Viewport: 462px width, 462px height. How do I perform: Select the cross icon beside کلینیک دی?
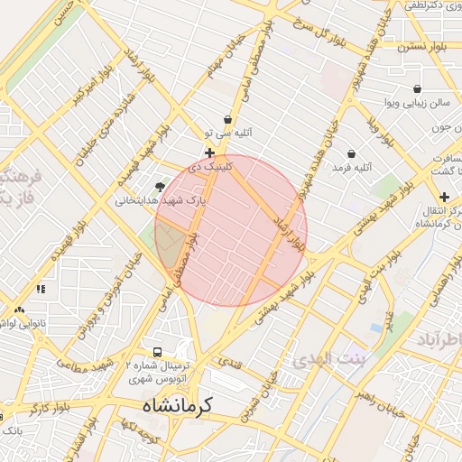pos(209,153)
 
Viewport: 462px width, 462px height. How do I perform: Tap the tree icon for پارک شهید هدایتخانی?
pos(160,187)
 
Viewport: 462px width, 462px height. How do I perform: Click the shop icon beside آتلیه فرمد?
pos(351,153)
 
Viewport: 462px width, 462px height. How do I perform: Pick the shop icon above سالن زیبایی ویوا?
pos(417,88)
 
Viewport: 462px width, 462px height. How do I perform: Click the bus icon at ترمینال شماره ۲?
pos(158,352)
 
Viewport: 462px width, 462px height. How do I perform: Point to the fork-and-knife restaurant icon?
pos(41,289)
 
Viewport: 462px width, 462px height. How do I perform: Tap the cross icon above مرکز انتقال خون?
pos(444,197)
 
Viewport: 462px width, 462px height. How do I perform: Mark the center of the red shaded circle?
pos(231,230)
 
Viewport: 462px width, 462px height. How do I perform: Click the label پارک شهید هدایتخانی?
pos(160,200)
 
